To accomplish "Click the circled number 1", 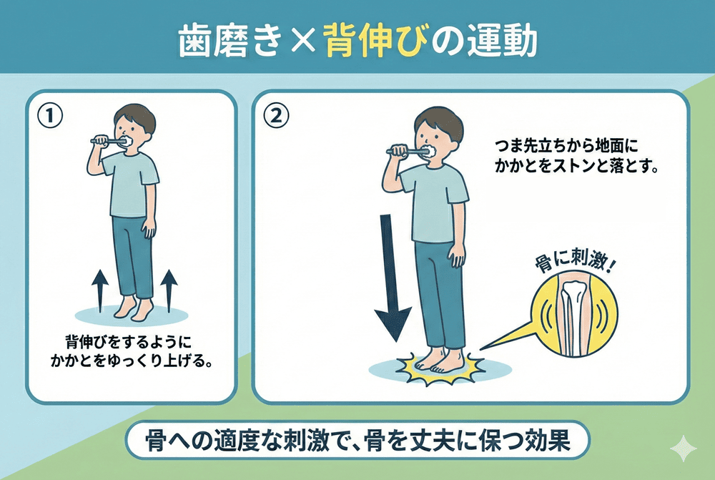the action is pos(50,116).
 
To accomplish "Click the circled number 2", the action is pos(276,116).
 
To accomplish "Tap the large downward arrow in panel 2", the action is pos(393,278).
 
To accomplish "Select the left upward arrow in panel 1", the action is pos(100,290).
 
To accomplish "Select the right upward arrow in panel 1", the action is pos(169,290).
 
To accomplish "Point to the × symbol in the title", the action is pos(302,41).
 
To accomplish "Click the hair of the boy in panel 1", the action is pos(134,118).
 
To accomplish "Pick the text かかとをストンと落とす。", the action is pos(576,167).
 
